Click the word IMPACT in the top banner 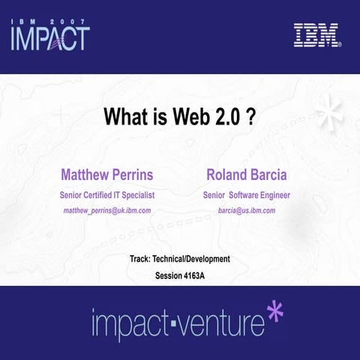click(x=49, y=38)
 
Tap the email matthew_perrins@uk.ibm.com click(x=106, y=211)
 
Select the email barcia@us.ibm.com click(x=246, y=211)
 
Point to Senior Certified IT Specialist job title click(x=106, y=195)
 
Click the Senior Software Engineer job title click(x=246, y=195)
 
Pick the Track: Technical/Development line click(x=179, y=259)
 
